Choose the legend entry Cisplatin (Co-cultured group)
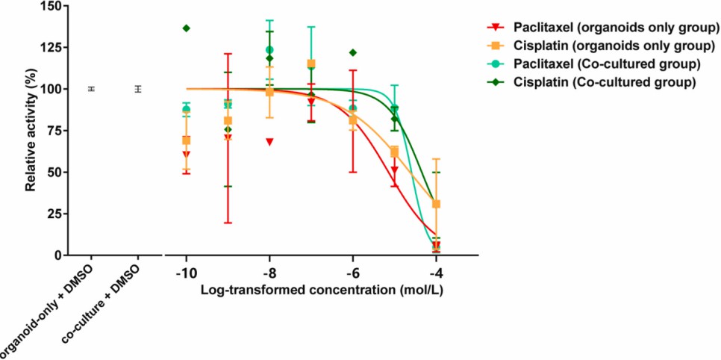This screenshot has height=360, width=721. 601,81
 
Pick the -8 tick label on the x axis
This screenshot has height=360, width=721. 269,272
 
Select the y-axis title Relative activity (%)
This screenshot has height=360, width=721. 31,128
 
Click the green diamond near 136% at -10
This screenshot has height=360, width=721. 187,28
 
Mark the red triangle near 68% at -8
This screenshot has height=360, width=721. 269,142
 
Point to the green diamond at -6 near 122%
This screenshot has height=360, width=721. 353,52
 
